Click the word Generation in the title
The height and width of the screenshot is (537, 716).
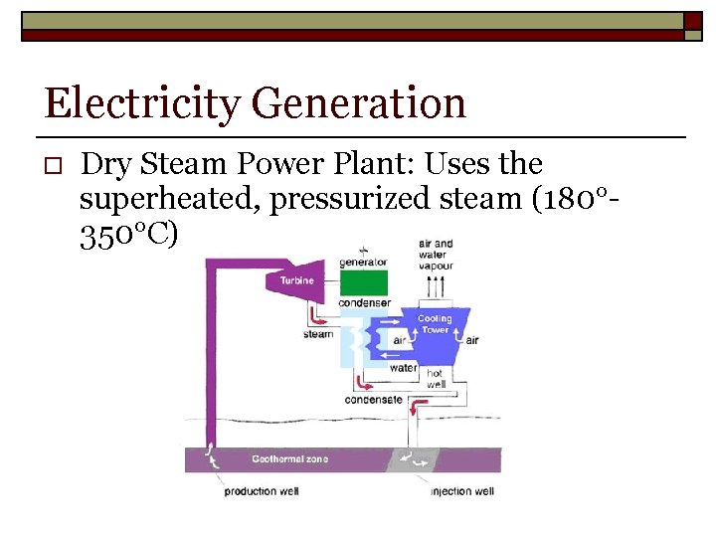[x=359, y=103]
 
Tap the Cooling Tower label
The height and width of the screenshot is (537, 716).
[x=435, y=324]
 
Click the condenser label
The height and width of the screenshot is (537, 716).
[x=364, y=302]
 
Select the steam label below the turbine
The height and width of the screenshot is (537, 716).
[x=318, y=334]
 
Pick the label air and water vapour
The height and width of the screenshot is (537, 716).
[x=436, y=254]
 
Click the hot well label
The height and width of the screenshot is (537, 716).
[x=437, y=379]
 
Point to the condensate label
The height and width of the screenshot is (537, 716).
[x=373, y=400]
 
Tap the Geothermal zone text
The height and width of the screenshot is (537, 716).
[x=289, y=459]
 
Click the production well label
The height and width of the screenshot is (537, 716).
[x=261, y=491]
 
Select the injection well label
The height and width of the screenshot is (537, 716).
[x=461, y=491]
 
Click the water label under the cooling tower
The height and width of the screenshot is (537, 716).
[x=403, y=367]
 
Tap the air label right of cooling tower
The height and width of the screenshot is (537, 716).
[x=472, y=340]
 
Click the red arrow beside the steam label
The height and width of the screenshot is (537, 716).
[x=319, y=316]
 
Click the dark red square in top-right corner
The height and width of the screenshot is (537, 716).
[x=693, y=21]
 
